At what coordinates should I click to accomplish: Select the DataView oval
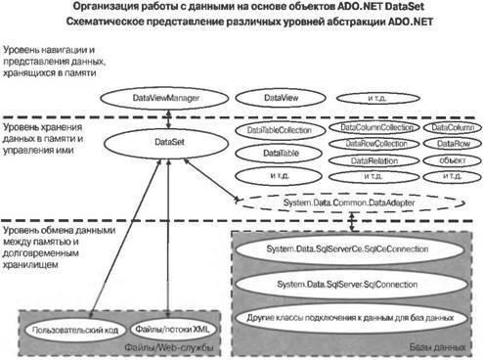pos(278,99)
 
